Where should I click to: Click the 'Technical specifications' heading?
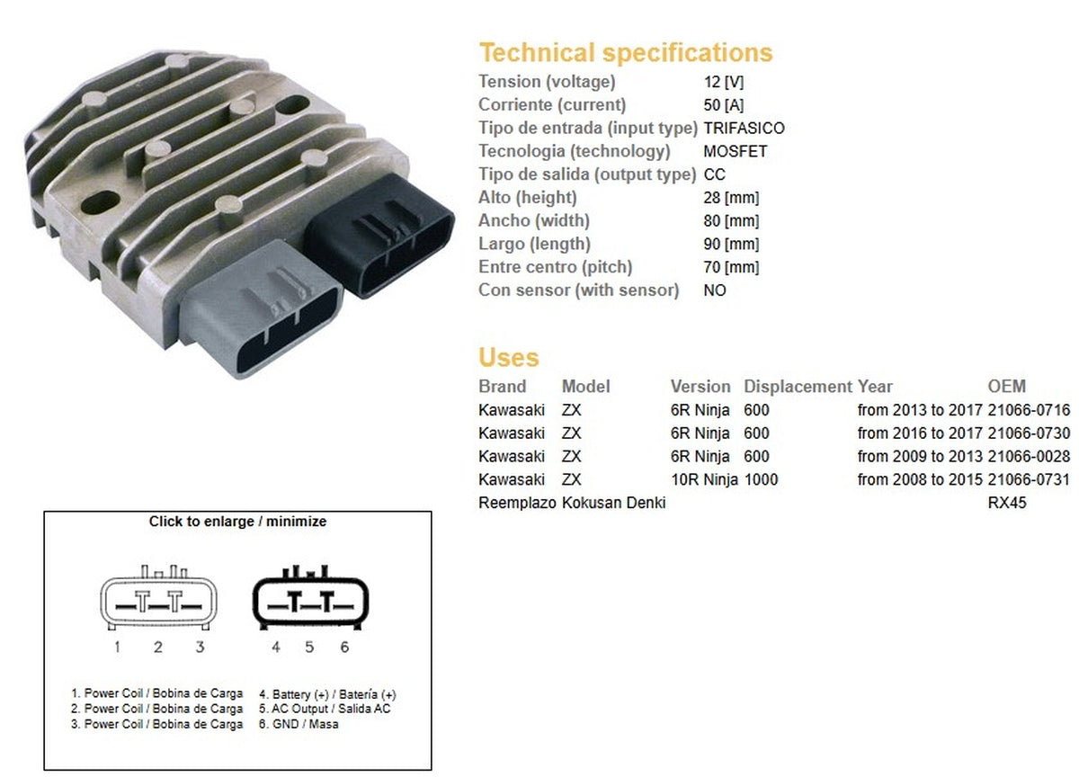coord(625,52)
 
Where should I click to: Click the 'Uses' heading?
coord(508,358)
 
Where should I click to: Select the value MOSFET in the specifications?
coord(735,151)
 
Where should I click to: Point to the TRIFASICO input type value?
coord(744,128)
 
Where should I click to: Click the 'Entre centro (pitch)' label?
coord(555,267)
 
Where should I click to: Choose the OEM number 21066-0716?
coord(1029,410)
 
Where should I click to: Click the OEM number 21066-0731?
coord(1029,480)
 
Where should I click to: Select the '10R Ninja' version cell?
coord(704,480)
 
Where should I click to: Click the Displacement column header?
coord(798,387)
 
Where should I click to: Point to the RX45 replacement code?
coord(1007,504)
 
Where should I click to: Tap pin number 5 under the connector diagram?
coord(309,647)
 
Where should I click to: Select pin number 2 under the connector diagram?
coord(157,647)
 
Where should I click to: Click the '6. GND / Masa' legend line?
coord(299,724)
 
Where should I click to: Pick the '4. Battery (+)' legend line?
coord(327,694)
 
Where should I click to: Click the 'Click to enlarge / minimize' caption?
coord(237,522)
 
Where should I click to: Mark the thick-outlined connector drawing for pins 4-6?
coord(310,600)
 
